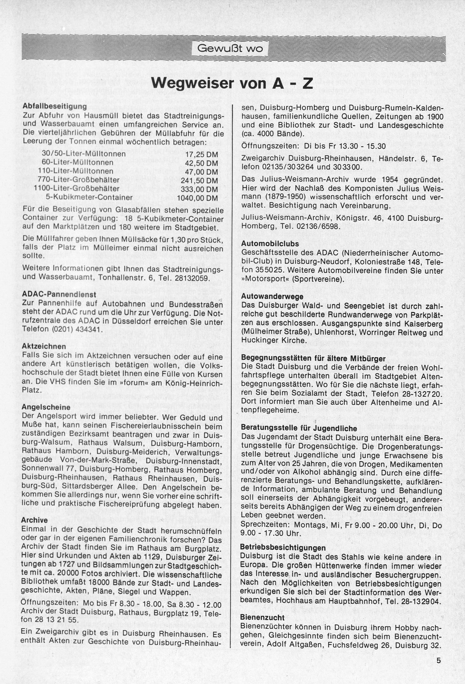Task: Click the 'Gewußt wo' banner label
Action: click(x=230, y=48)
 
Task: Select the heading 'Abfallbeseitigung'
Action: click(x=54, y=107)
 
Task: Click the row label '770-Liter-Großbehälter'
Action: click(x=79, y=180)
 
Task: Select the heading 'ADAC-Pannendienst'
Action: click(x=59, y=295)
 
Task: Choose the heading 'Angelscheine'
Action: click(x=46, y=407)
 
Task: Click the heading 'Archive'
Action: click(x=35, y=520)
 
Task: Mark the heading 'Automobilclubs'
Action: click(x=270, y=244)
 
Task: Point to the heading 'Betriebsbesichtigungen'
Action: click(x=283, y=548)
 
